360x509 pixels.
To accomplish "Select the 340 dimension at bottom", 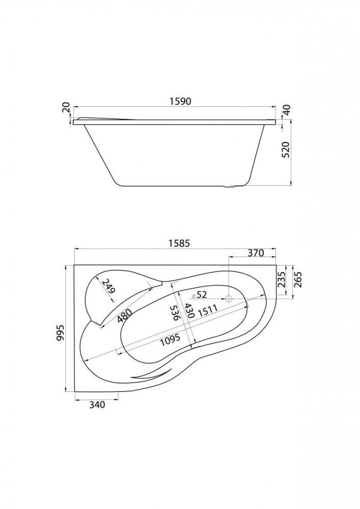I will coord(96,405).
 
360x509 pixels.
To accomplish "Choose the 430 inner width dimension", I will coord(188,310).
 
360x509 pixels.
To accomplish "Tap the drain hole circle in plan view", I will coord(229,299).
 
